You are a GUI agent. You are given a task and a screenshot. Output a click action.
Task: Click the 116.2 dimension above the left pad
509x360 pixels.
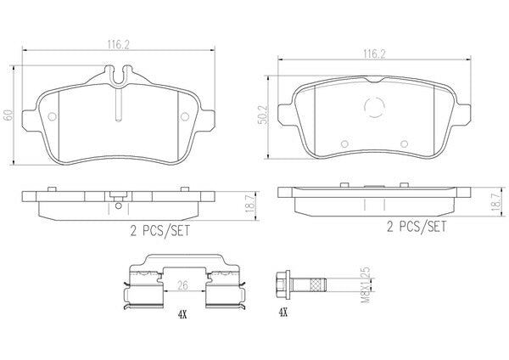[119, 45]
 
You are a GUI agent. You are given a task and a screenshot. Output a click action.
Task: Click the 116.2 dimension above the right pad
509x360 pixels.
[374, 54]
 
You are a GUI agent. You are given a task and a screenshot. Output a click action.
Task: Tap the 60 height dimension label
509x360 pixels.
[8, 115]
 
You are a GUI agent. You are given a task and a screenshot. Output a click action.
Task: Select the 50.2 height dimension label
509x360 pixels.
[263, 115]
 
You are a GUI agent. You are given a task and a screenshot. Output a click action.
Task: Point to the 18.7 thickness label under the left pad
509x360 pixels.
[249, 205]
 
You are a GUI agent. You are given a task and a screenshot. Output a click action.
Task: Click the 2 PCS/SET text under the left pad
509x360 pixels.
[159, 231]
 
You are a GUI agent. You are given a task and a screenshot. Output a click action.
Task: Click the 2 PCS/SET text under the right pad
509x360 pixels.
[417, 227]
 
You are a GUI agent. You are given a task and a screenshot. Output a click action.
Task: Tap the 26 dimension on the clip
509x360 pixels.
[182, 285]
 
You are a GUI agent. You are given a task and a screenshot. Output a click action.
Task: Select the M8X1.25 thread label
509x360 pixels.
[366, 285]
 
